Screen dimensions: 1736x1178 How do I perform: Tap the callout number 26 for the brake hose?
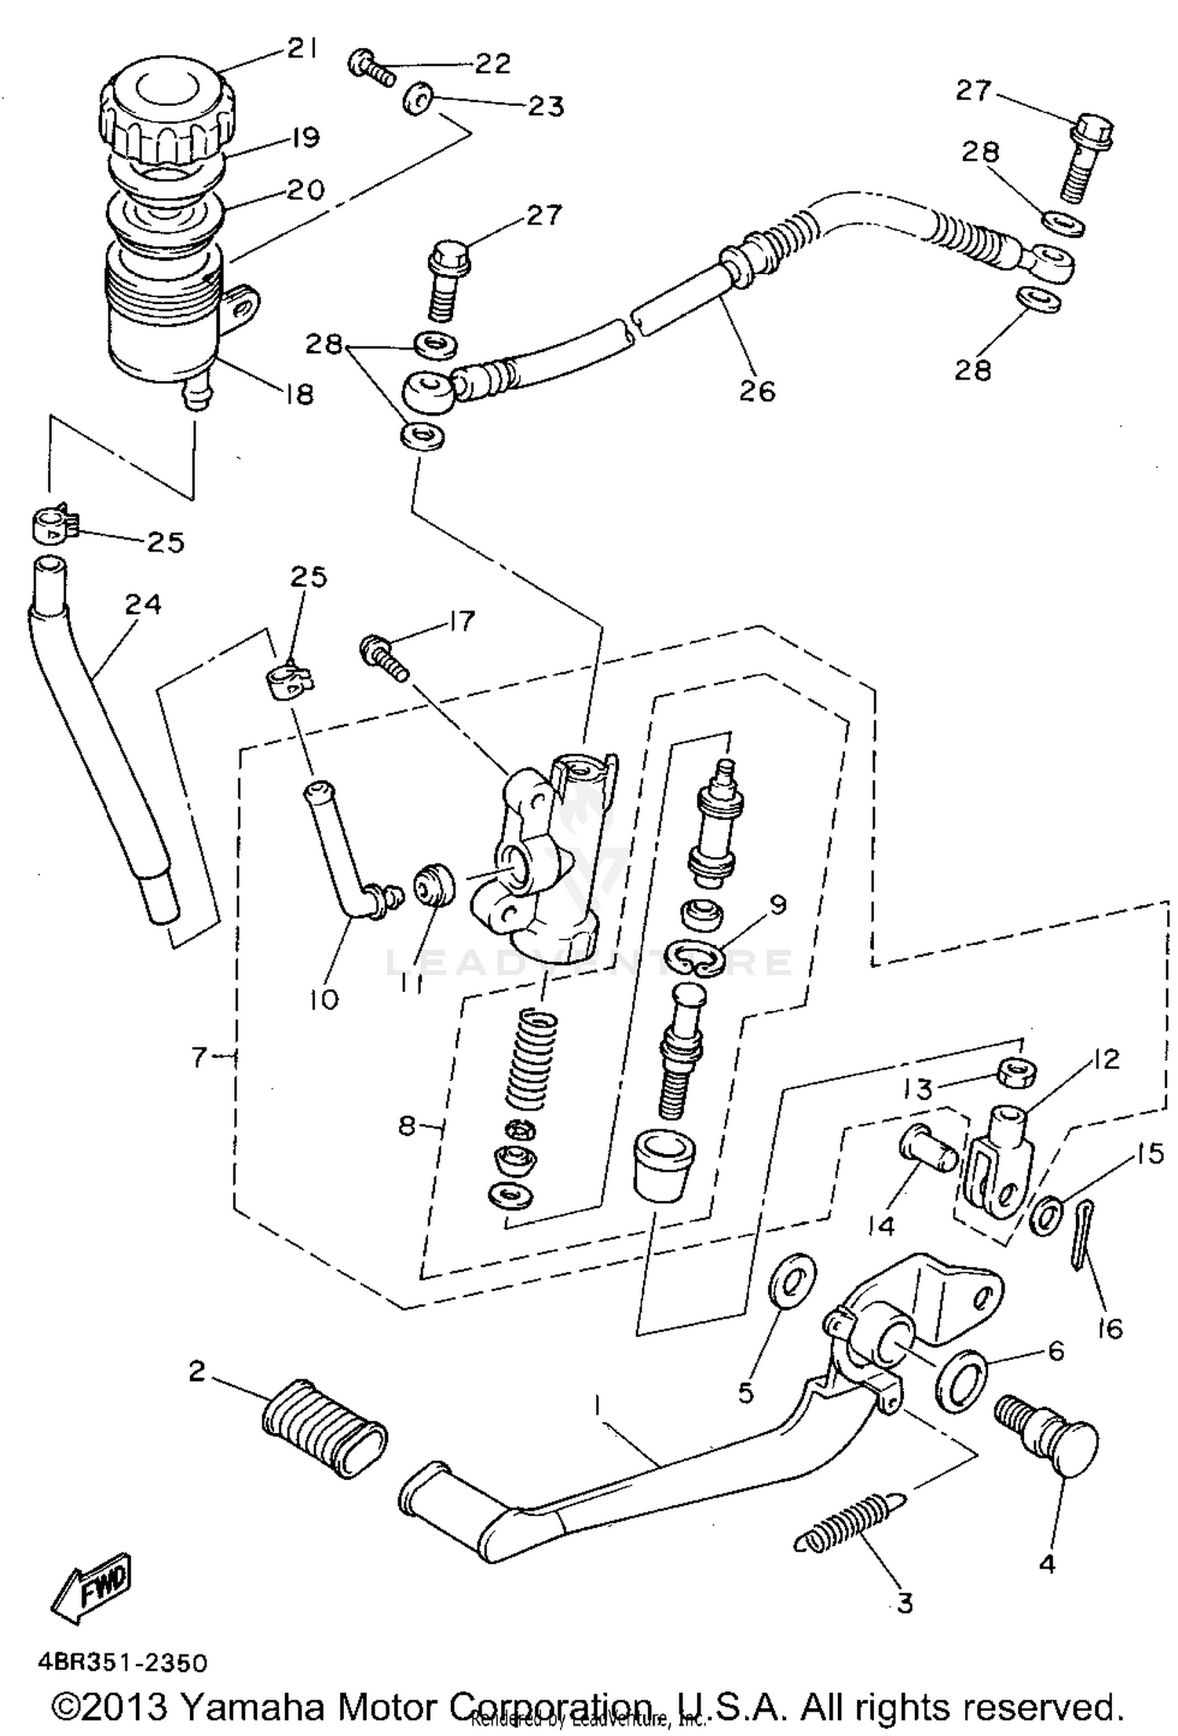pos(757,390)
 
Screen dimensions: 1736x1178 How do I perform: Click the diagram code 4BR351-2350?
pos(123,1663)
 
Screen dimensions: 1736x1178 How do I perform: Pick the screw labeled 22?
pos(371,68)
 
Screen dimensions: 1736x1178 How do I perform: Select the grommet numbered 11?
pos(434,885)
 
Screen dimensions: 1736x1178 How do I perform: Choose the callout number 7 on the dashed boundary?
pos(198,1058)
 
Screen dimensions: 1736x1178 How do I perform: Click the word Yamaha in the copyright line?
pos(254,1705)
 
